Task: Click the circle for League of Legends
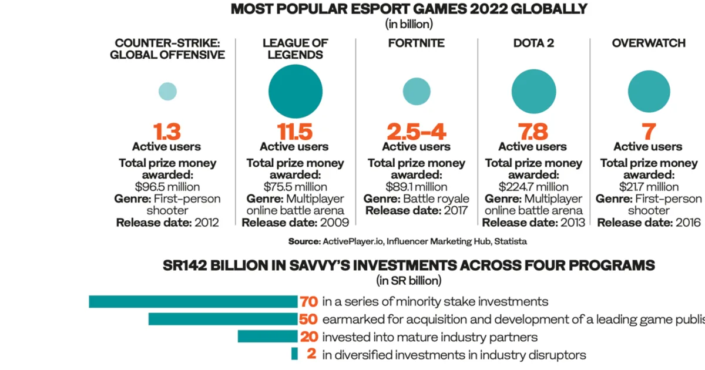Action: pos(295,91)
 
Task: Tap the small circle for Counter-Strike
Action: pos(167,91)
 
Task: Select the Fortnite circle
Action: pos(417,91)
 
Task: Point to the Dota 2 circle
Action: pos(533,91)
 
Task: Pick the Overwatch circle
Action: pos(649,91)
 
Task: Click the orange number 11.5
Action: pos(295,132)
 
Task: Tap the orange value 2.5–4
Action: pos(417,132)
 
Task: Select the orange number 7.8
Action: pos(533,132)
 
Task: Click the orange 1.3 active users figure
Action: pos(167,132)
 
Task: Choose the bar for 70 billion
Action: pos(193,301)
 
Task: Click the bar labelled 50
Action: pos(223,319)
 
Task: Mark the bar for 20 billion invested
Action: pos(267,337)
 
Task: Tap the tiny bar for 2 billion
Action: pos(294,354)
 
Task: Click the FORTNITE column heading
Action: pos(416,43)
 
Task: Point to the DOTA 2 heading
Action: pos(533,43)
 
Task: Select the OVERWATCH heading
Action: pos(649,43)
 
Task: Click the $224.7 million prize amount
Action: pos(533,187)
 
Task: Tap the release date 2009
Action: pos(334,223)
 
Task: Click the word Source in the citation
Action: pos(304,241)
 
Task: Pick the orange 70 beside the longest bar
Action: pos(309,301)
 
